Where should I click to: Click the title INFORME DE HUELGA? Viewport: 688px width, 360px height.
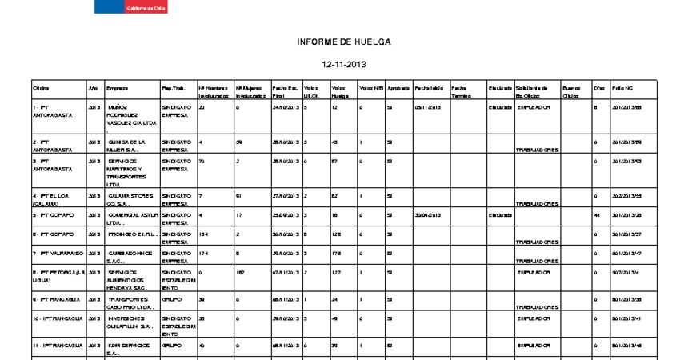tap(344, 42)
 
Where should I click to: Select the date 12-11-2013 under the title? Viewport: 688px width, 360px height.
tap(344, 64)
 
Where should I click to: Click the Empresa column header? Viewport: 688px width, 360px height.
tap(117, 87)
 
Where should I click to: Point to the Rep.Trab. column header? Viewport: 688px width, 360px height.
tap(174, 87)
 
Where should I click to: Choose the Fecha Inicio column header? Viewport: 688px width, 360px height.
tap(430, 87)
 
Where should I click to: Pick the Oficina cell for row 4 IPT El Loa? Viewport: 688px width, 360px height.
tap(55, 199)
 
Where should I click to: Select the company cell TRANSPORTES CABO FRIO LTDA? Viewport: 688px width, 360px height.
tap(127, 304)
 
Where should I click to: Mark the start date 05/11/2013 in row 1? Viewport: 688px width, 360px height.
tap(428, 106)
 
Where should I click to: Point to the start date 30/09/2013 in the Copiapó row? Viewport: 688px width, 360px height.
tap(428, 214)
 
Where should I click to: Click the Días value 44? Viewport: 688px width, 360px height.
tap(597, 214)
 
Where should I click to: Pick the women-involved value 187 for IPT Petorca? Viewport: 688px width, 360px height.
tap(240, 272)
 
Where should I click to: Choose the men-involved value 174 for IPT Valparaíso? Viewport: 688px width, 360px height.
tap(204, 253)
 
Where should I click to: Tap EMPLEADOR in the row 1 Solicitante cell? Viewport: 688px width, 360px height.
tap(534, 106)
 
